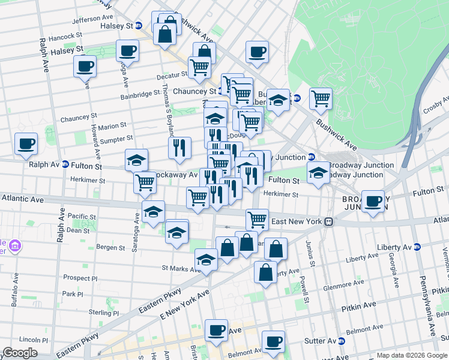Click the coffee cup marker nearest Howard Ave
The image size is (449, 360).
coord(85,65)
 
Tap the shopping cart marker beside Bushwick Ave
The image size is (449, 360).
coord(321,98)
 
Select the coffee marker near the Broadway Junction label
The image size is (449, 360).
coord(373,201)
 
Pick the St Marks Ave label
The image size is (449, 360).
coord(179,269)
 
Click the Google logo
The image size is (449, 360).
coord(19,353)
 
